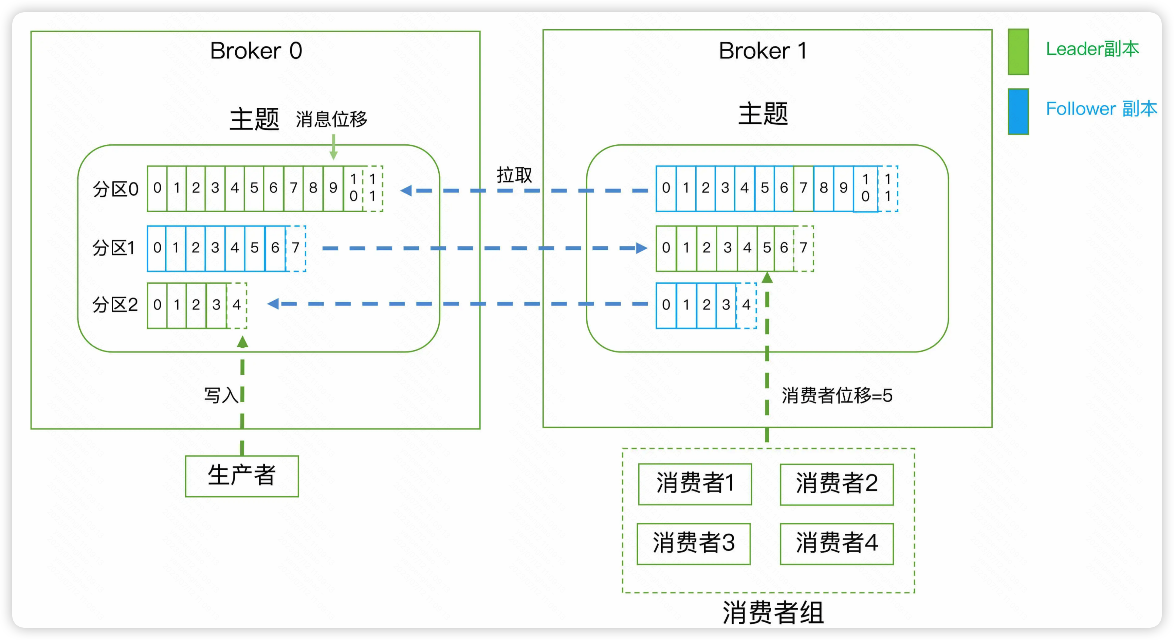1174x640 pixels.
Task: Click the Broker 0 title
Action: pos(256,51)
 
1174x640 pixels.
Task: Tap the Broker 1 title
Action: pos(763,51)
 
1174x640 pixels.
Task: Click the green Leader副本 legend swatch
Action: pos(1018,52)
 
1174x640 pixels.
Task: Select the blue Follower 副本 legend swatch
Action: pos(1018,111)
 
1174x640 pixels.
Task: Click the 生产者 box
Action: pos(241,476)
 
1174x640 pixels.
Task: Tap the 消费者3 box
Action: pos(693,543)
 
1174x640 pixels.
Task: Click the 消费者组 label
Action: pos(773,612)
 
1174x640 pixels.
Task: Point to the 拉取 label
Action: pos(514,175)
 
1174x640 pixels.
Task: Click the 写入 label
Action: pos(221,395)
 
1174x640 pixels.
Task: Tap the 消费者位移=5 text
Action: pos(837,395)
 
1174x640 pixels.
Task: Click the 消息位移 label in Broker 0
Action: pos(331,120)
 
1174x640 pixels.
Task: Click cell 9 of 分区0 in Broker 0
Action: pos(333,188)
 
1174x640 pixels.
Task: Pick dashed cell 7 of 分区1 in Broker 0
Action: pos(296,248)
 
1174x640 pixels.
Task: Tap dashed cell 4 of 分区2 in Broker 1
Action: pos(746,305)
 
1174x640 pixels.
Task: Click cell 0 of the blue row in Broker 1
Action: pos(666,188)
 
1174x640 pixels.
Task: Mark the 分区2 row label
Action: pos(115,305)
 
